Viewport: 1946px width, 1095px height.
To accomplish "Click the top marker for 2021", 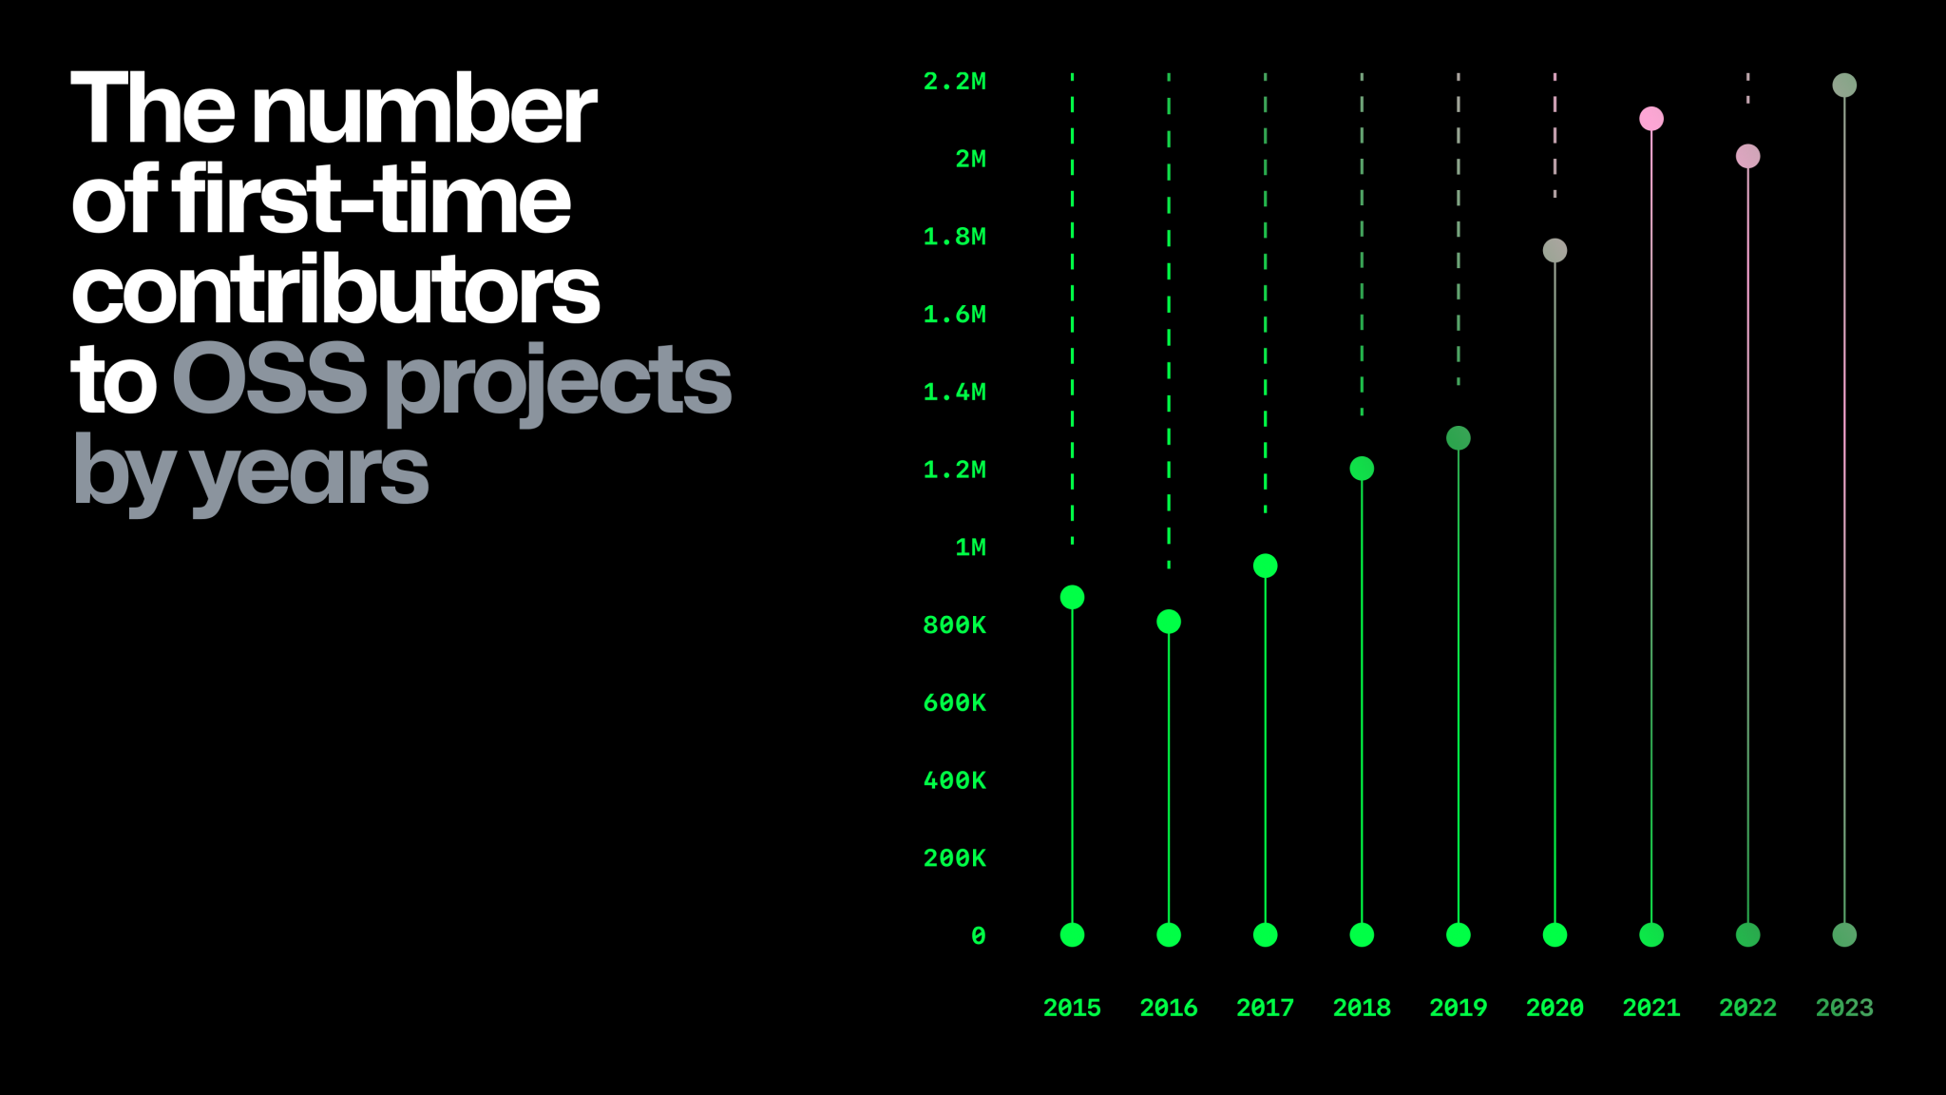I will click(1651, 119).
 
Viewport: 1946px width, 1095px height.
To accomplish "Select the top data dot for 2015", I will click(1072, 597).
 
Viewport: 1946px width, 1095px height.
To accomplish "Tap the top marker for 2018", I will click(1362, 469).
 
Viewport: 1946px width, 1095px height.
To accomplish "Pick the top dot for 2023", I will click(1844, 86).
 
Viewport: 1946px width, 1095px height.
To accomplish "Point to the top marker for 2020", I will click(1555, 251).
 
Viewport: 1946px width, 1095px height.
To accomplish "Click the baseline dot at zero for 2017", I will click(1265, 935).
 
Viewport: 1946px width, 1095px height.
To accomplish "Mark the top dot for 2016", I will click(1169, 622).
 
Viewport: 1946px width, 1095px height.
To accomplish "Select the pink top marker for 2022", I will click(1747, 156).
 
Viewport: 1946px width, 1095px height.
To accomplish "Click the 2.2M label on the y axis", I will click(955, 82).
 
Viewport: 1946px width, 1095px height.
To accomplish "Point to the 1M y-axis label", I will click(970, 547).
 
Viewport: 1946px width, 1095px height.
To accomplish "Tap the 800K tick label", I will click(955, 625).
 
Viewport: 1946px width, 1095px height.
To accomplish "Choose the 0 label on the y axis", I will click(978, 936).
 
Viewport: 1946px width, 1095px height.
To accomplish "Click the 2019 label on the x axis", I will click(1458, 1008).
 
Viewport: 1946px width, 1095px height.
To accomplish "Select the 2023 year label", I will click(1844, 1008).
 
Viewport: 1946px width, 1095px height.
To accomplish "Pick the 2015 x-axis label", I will click(1072, 1008).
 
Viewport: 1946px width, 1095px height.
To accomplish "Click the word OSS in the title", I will click(269, 380).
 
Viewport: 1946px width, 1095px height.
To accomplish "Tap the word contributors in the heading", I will click(335, 290).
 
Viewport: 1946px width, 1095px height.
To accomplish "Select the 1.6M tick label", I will click(955, 315).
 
